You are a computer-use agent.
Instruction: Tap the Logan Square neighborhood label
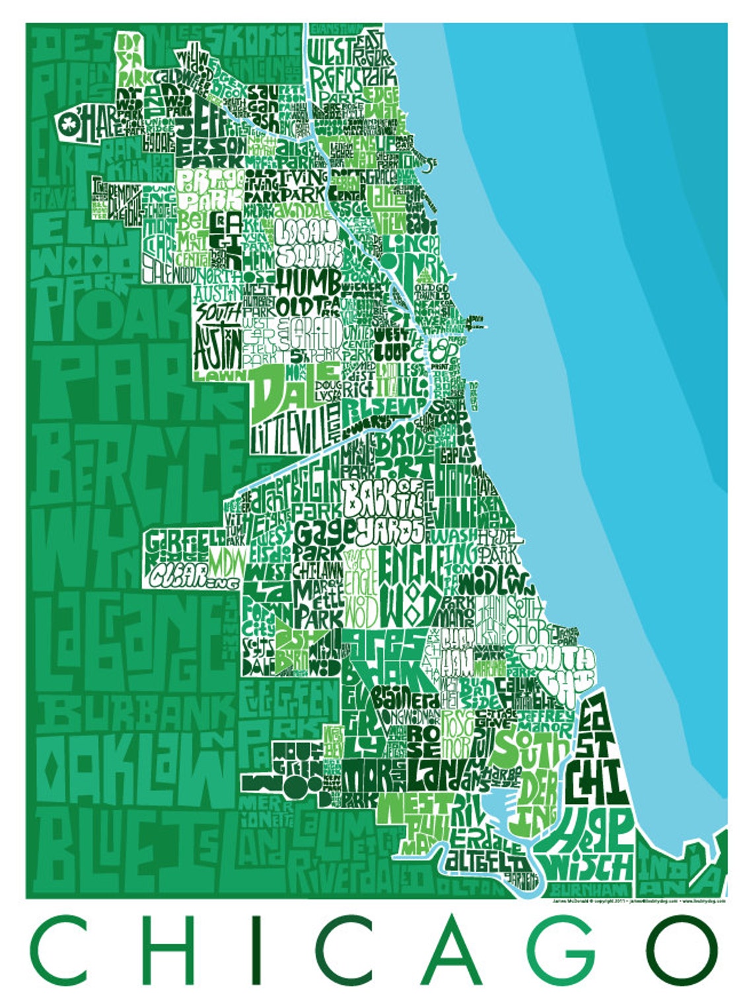coord(308,242)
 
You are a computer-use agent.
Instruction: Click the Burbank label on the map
coord(135,713)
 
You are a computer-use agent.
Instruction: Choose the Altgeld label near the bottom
coord(486,864)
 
